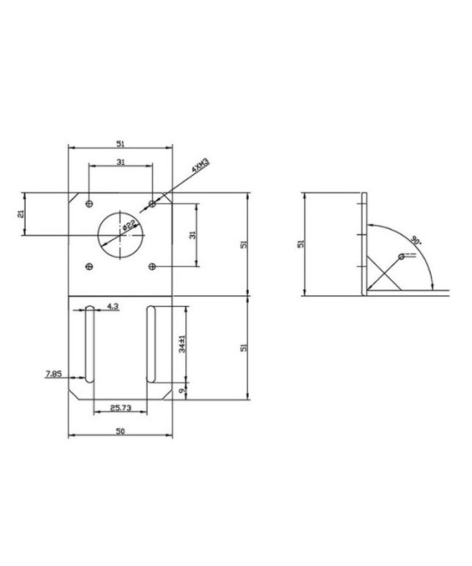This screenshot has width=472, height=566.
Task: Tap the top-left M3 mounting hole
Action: point(88,203)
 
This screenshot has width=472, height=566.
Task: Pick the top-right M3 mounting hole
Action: point(153,203)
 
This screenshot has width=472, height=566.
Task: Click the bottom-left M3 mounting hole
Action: point(88,266)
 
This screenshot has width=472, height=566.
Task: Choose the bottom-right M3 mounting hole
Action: point(153,266)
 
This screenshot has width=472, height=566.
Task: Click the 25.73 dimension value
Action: point(120,407)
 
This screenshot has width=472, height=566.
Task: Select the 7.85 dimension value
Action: point(52,374)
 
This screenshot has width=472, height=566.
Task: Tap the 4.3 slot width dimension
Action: point(112,305)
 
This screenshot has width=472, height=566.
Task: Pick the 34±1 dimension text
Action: point(182,342)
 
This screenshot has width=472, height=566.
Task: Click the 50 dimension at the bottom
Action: point(120,431)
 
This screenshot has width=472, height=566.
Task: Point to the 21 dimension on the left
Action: point(21,213)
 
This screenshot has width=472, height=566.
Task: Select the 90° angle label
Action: point(417,240)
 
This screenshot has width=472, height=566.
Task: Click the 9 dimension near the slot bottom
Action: point(182,390)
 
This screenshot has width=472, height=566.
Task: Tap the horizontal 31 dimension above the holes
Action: point(120,162)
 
